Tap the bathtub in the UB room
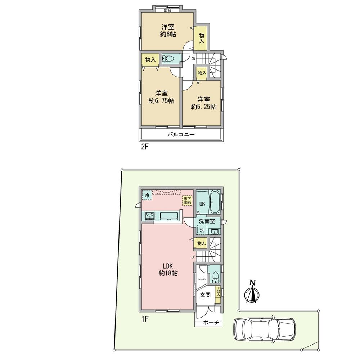tap(215, 202)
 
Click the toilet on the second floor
tap(168, 59)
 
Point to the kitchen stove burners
tap(150, 216)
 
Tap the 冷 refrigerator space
tap(147, 195)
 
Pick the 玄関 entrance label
tap(205, 294)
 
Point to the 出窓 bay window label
tap(168, 10)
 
